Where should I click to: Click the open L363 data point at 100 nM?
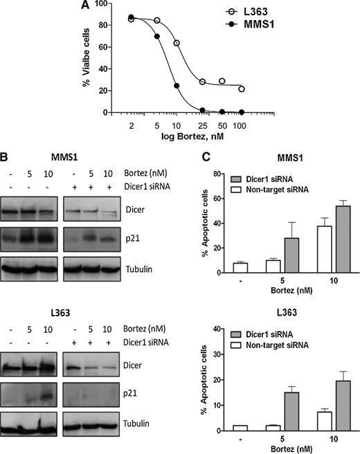point(241,89)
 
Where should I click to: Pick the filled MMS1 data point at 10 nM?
point(177,87)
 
